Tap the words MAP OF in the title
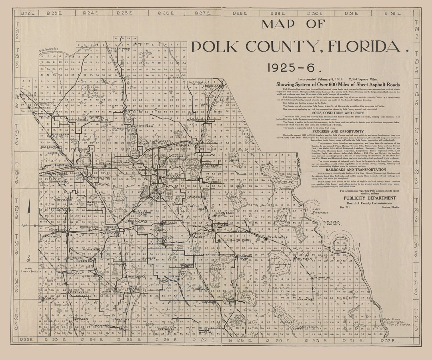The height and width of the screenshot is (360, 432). pos(293,24)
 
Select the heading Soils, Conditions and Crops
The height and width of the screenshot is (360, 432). pos(338,113)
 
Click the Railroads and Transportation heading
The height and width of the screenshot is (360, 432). pos(338,169)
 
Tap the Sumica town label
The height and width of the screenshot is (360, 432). pos(305,259)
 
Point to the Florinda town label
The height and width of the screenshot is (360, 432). pos(322,277)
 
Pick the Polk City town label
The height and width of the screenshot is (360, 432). pos(135,110)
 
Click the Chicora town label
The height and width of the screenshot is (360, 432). pos(46,298)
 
